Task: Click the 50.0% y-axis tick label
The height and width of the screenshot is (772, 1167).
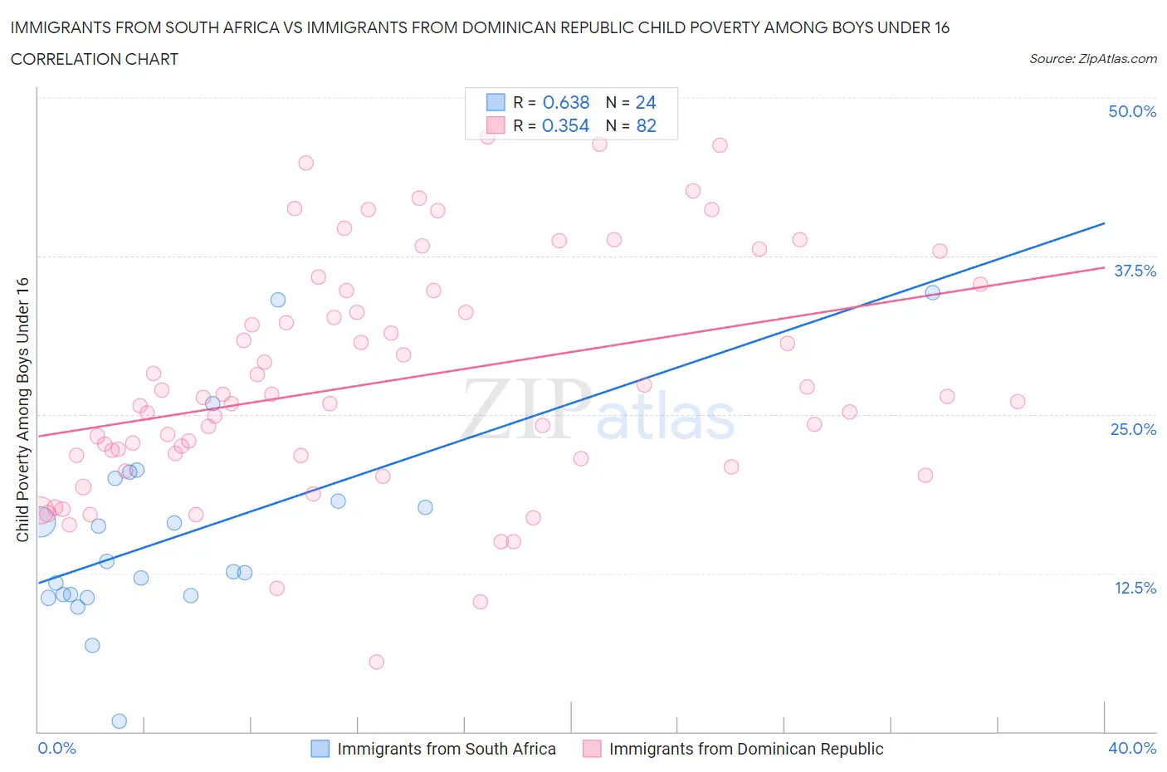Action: click(x=1132, y=111)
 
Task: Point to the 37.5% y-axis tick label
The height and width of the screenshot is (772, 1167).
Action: click(x=1135, y=271)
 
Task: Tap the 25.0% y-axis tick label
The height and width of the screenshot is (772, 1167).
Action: click(x=1133, y=429)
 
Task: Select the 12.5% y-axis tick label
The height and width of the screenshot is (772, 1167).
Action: click(x=1135, y=588)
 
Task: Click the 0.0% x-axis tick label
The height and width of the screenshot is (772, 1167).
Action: click(x=56, y=748)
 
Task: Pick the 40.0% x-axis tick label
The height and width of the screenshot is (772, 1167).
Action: click(x=1132, y=748)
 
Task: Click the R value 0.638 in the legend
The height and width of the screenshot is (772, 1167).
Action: click(x=565, y=102)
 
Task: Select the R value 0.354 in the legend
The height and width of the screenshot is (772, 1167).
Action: click(x=565, y=125)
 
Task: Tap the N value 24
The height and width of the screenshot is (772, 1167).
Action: click(x=646, y=102)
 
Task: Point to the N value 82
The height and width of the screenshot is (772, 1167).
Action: click(x=646, y=125)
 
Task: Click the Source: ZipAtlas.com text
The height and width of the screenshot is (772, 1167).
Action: click(x=1092, y=58)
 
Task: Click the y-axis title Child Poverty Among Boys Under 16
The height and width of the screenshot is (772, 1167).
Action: click(x=22, y=409)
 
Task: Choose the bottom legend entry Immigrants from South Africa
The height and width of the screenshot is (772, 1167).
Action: click(x=446, y=749)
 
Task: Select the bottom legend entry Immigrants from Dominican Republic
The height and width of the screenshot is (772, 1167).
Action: click(x=745, y=749)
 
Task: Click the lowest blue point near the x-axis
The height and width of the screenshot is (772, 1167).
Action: click(x=119, y=721)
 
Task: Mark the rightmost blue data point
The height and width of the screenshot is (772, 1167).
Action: click(x=932, y=292)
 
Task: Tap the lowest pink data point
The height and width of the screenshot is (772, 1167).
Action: click(x=376, y=662)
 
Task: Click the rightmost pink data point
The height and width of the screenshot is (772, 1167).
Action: click(x=1018, y=402)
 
